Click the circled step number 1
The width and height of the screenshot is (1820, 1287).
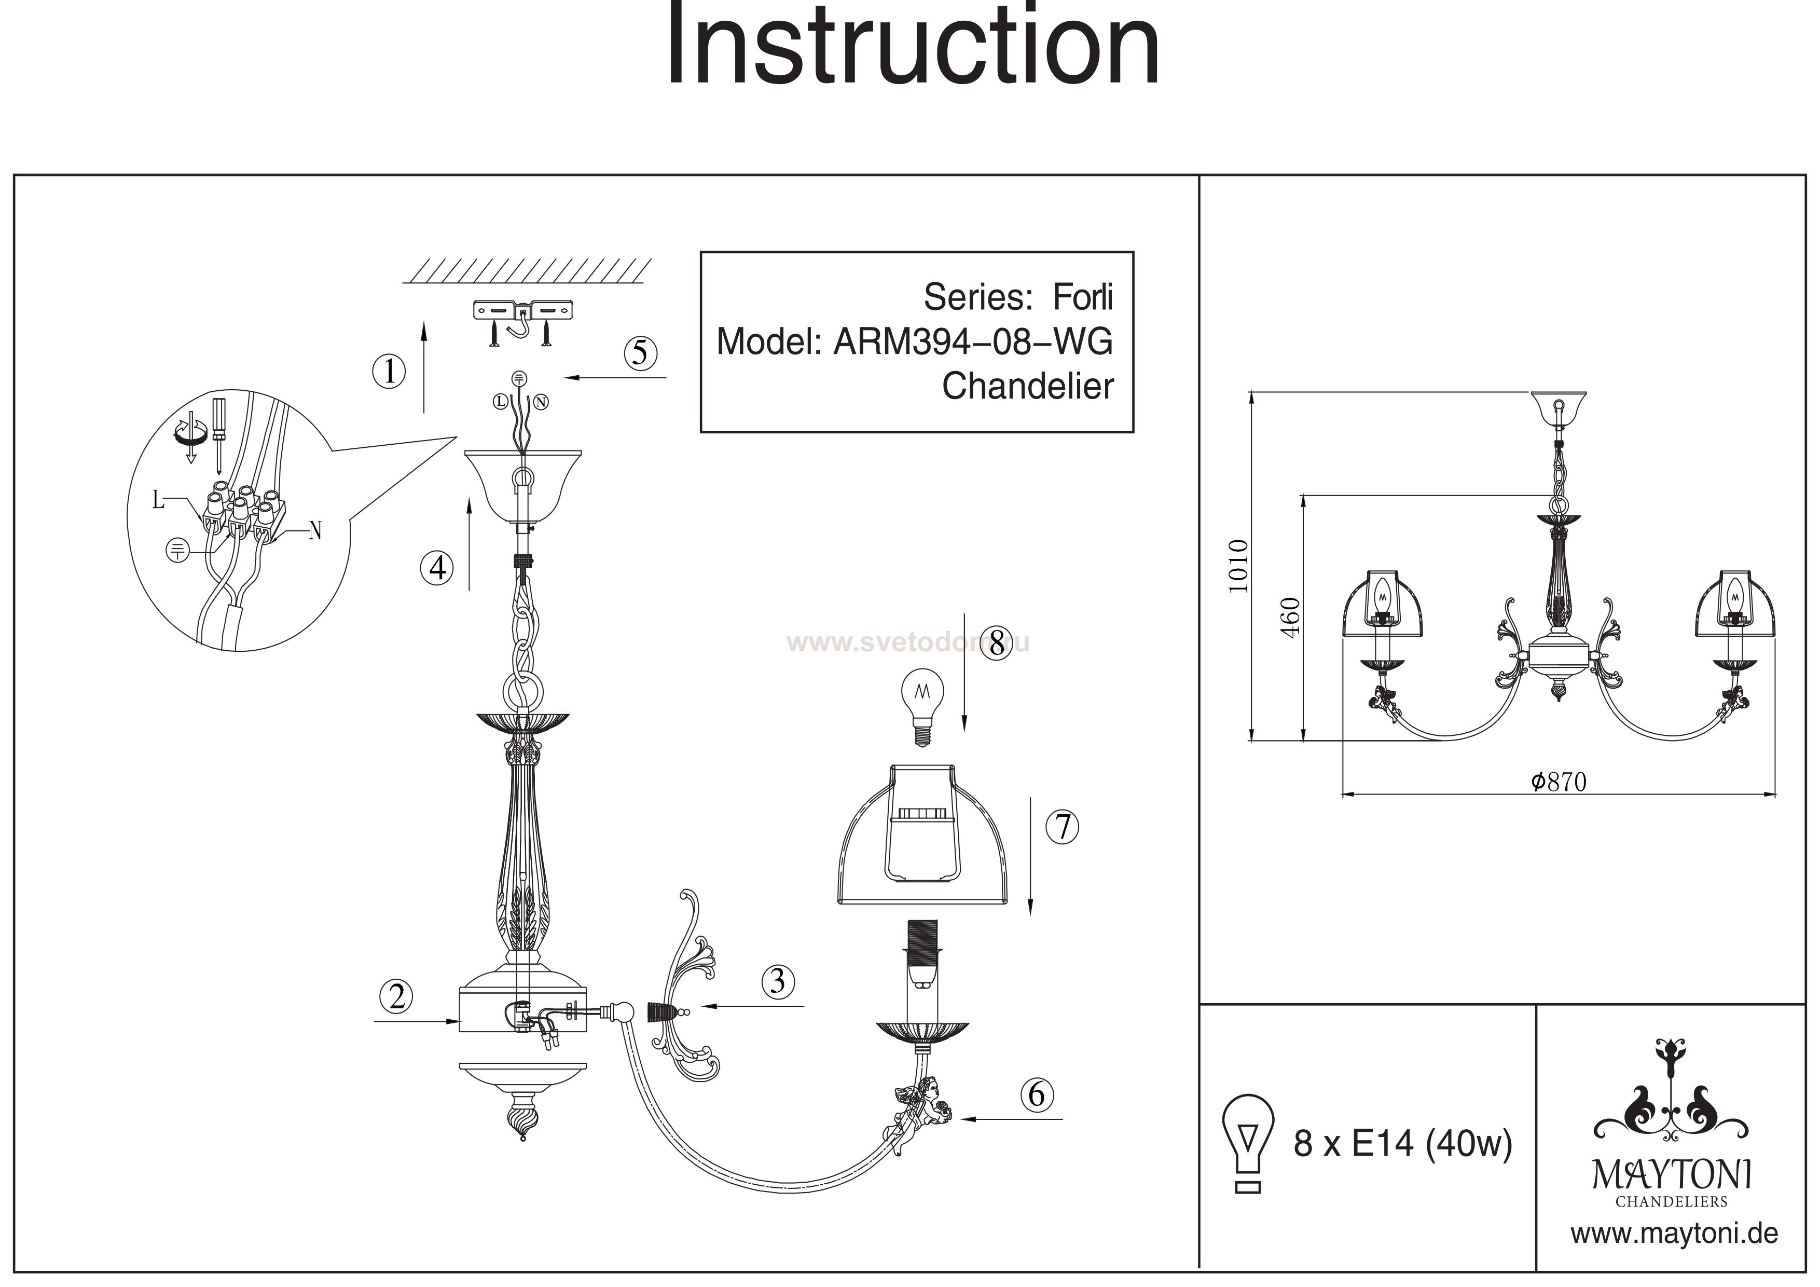[389, 371]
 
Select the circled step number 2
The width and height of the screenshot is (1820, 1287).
[396, 996]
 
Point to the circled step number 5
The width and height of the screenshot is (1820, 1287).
[641, 353]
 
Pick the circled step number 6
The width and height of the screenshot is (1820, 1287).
[1037, 1094]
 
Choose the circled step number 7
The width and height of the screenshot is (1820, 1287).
[1062, 827]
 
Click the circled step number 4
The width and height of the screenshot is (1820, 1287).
[437, 568]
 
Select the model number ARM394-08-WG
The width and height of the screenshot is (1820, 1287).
[973, 342]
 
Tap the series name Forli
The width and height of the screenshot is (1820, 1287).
[1082, 297]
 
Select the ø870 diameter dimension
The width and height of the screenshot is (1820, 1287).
[1559, 782]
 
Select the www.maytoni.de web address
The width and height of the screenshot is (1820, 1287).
[1674, 1233]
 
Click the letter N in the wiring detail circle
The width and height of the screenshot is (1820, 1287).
[315, 530]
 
